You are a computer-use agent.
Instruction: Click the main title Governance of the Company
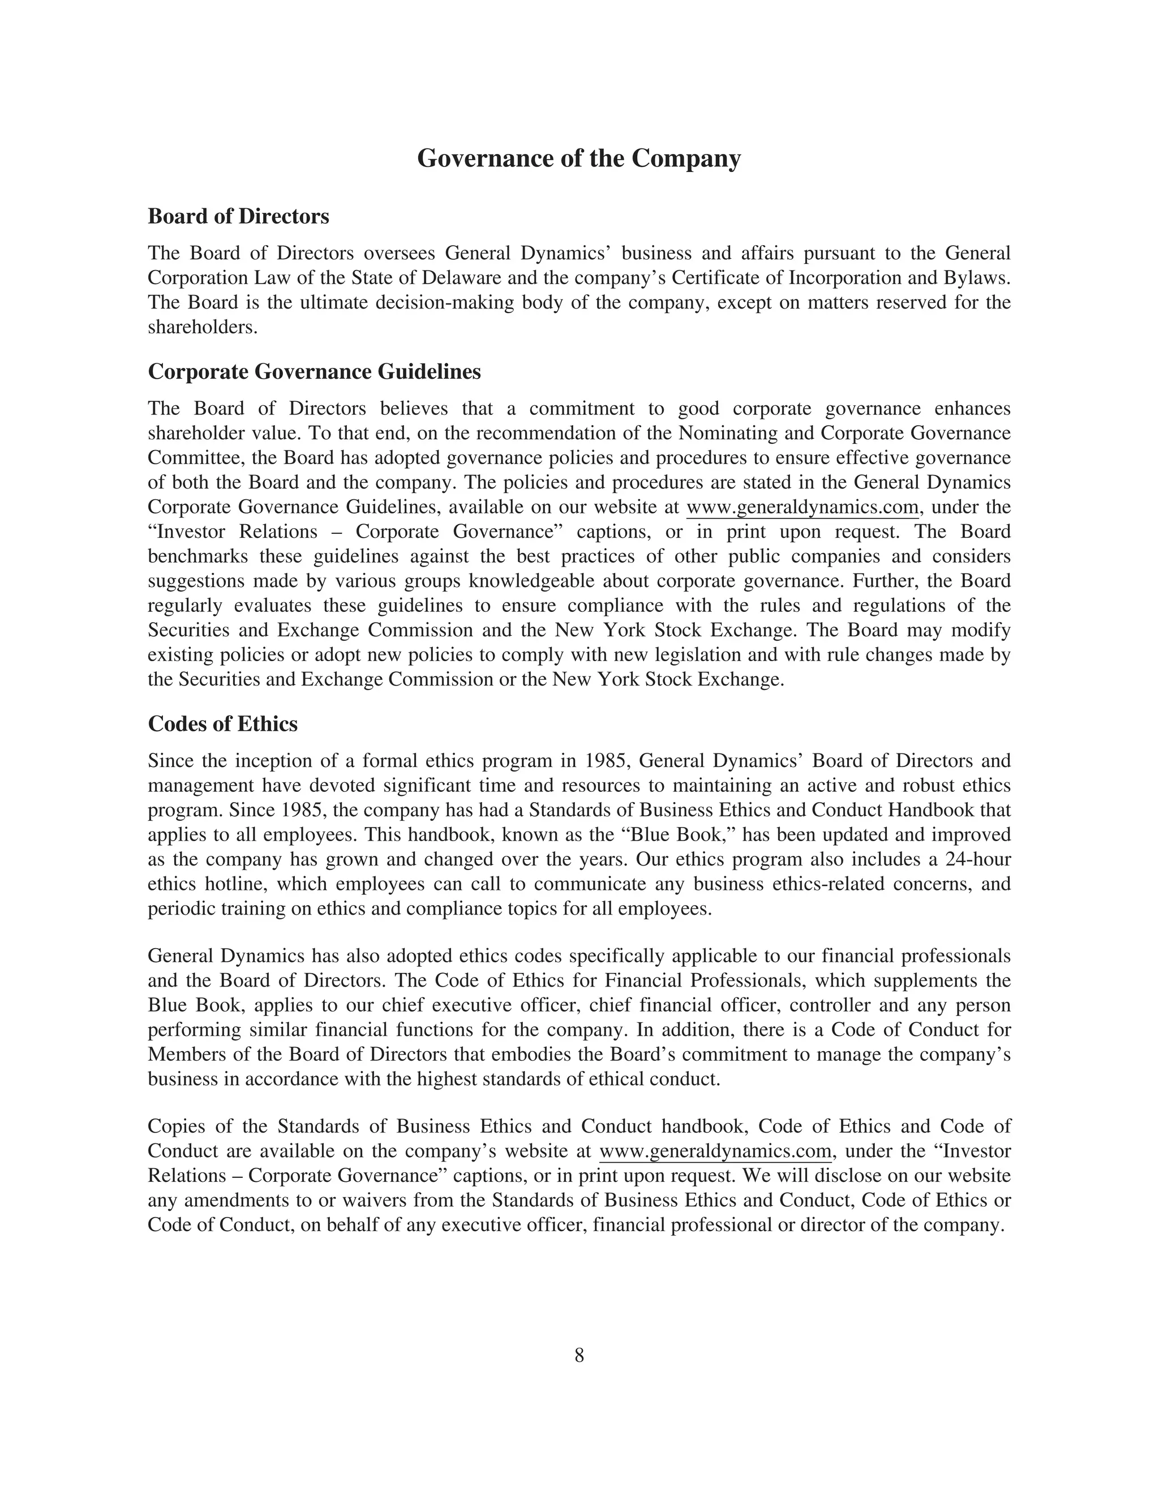[579, 158]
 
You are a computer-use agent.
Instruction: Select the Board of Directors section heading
[238, 216]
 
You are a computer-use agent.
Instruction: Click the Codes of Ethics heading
[222, 724]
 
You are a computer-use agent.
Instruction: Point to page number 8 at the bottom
[579, 1355]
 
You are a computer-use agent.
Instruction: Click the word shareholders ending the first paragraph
[202, 328]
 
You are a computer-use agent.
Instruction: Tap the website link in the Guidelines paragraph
[802, 508]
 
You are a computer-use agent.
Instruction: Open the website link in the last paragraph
[715, 1151]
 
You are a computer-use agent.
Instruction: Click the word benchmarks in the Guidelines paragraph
[198, 556]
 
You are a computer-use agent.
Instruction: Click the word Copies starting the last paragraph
[174, 1126]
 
